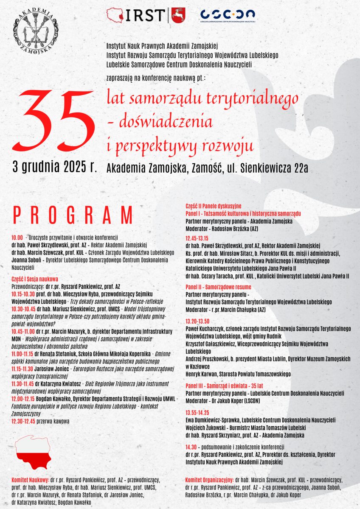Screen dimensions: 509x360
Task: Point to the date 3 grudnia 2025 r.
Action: pos(55,167)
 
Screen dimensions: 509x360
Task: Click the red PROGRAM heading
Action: pos(73,215)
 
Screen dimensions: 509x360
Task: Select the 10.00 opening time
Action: pos(17,238)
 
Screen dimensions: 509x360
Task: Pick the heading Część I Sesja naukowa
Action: pos(35,280)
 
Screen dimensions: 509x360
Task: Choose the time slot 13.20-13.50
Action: pos(197,321)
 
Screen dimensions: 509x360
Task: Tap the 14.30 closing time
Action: pos(191,447)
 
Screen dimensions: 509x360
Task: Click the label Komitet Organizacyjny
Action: pos(209,480)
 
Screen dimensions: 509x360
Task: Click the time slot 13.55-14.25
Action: pos(197,412)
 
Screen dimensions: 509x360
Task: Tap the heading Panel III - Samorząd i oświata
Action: pos(224,386)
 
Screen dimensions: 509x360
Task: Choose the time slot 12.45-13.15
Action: pos(197,238)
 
